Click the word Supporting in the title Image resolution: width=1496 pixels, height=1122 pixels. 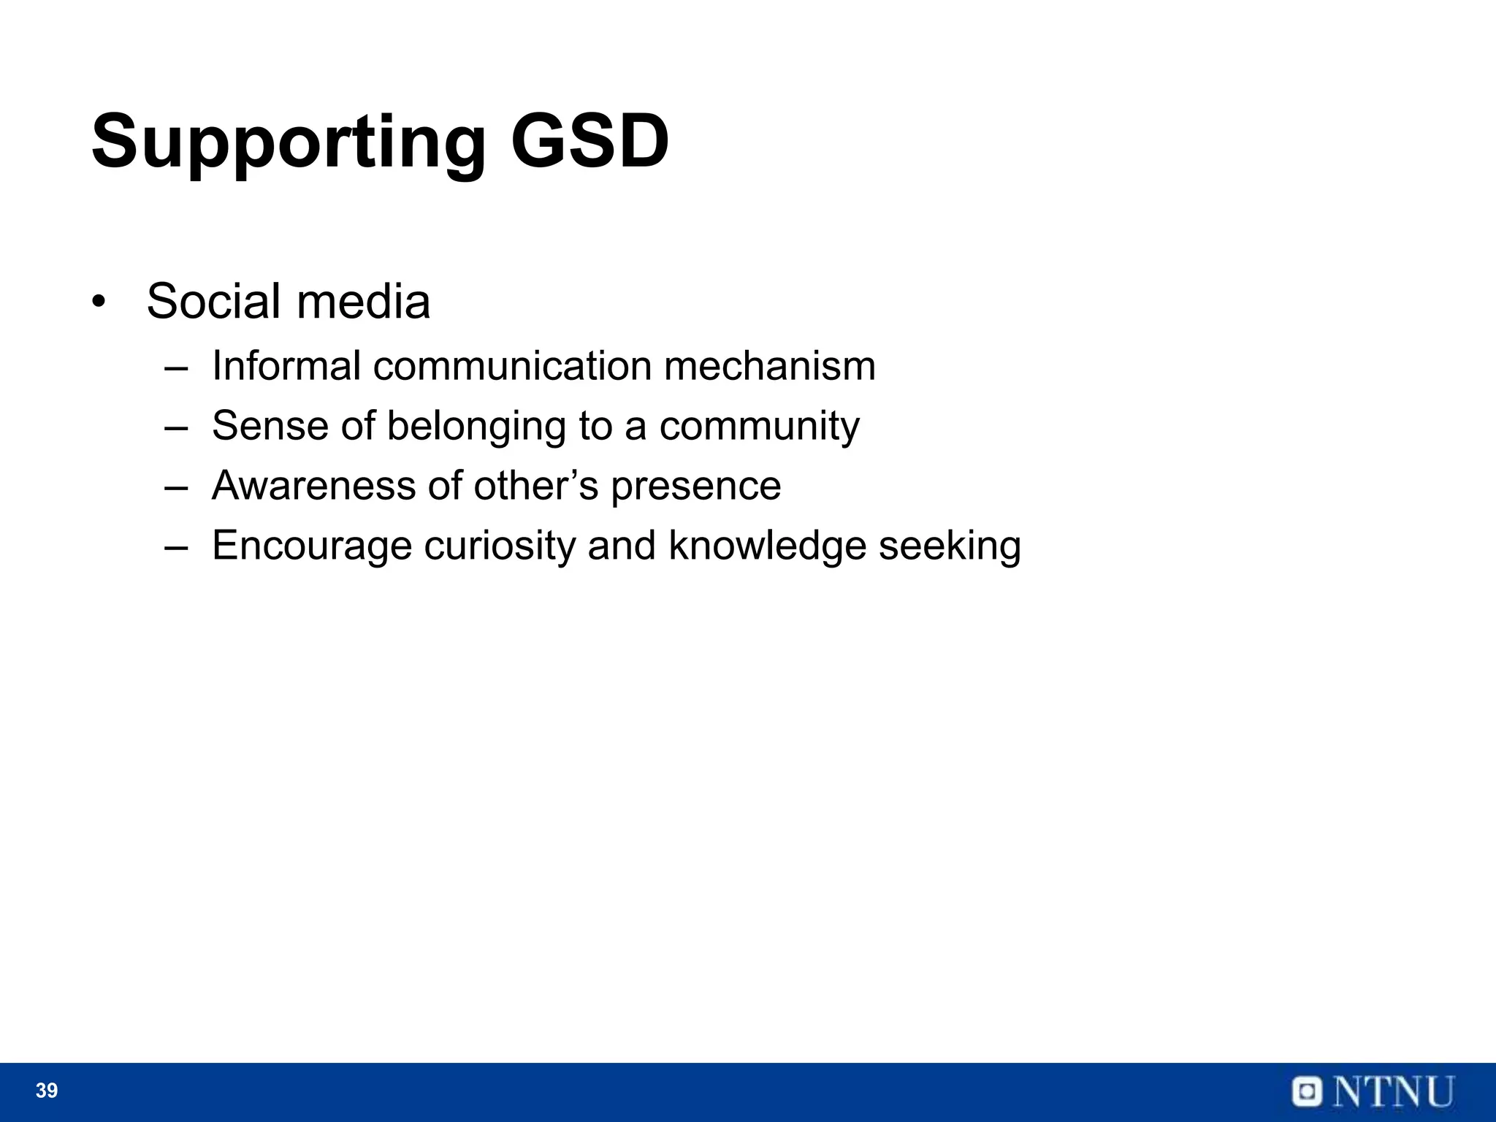[288, 142]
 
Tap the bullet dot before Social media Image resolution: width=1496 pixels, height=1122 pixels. [99, 302]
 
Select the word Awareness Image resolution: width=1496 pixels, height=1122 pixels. [313, 485]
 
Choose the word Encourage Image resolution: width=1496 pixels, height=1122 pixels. [312, 546]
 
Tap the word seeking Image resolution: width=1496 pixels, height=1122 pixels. [950, 546]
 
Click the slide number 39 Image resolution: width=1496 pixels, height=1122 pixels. [47, 1091]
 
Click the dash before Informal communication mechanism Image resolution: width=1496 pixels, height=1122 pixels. [176, 367]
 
